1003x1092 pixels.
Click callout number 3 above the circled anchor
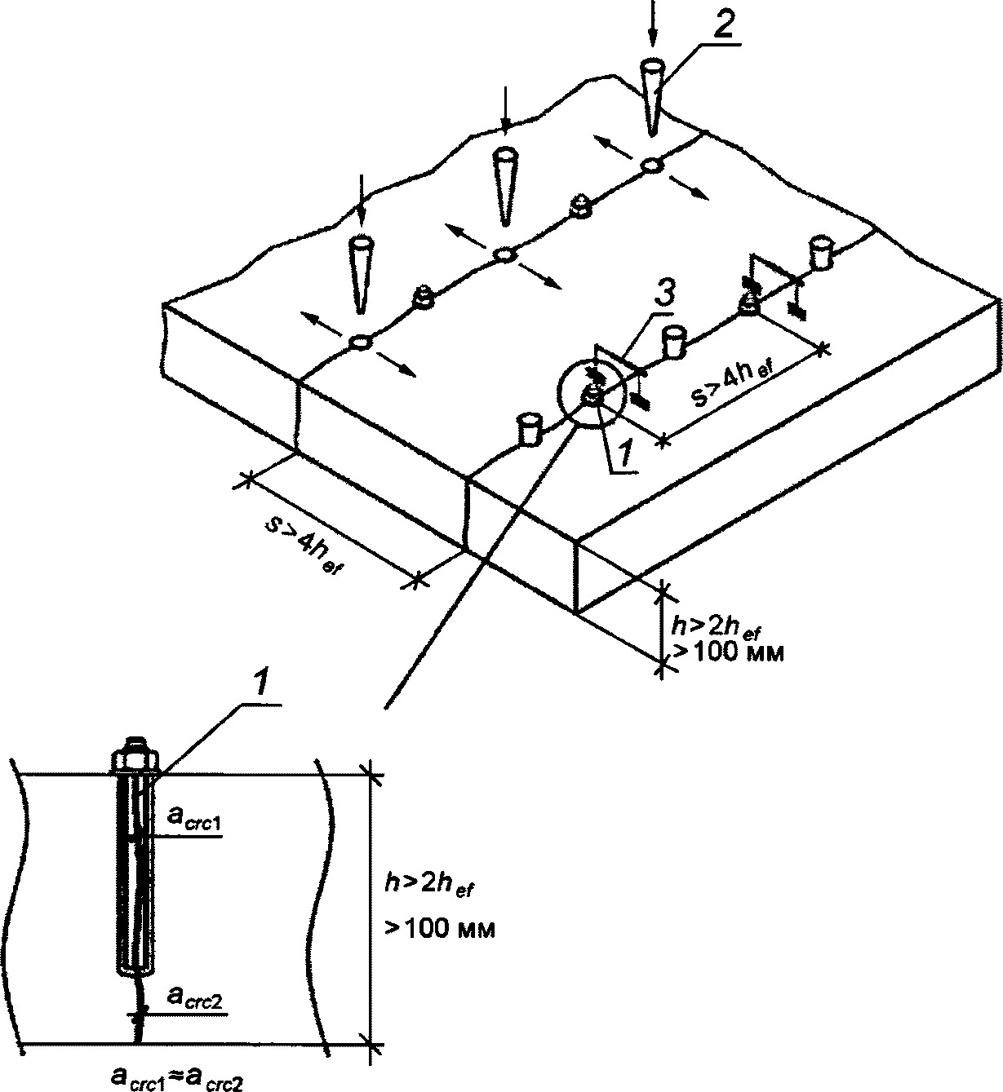pyautogui.click(x=661, y=295)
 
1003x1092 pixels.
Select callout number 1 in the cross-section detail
pyautogui.click(x=261, y=687)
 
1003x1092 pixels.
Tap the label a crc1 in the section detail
pyautogui.click(x=193, y=820)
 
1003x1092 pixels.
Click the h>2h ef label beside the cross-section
pyautogui.click(x=428, y=886)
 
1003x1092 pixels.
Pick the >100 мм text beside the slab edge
pyautogui.click(x=729, y=652)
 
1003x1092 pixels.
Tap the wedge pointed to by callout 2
pyautogui.click(x=651, y=97)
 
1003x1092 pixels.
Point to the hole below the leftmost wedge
pyautogui.click(x=360, y=343)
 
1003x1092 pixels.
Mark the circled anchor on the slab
pyautogui.click(x=591, y=394)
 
